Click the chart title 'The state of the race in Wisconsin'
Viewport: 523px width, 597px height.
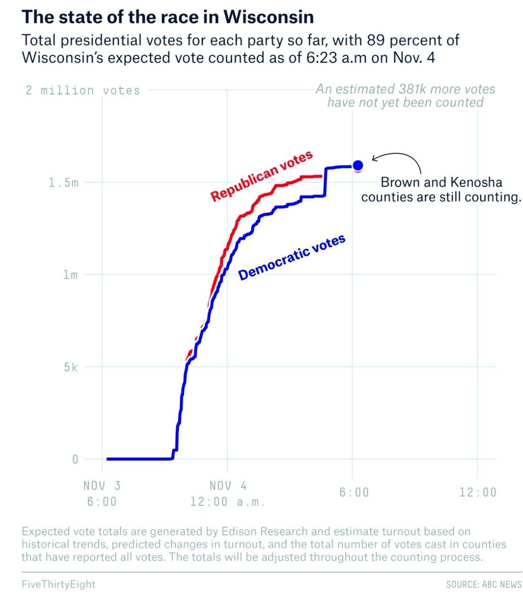click(x=168, y=17)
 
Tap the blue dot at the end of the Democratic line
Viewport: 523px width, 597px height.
click(x=358, y=166)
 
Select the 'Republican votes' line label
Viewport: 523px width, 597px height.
click(x=261, y=176)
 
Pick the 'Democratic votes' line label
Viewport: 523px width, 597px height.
click(x=291, y=257)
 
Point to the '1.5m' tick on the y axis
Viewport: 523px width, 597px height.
click(x=64, y=183)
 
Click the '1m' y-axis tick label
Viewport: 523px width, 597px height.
click(x=71, y=275)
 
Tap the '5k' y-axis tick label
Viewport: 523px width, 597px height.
click(x=71, y=367)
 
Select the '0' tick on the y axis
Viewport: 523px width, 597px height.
click(x=75, y=459)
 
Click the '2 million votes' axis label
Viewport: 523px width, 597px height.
click(x=83, y=90)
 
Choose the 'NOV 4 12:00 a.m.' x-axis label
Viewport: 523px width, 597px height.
click(x=228, y=494)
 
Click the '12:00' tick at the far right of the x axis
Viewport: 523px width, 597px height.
click(x=478, y=493)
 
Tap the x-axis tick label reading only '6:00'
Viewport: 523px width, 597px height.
click(x=354, y=493)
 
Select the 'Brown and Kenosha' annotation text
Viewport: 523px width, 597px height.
click(x=441, y=182)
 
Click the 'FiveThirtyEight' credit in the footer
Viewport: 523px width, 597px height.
click(x=58, y=584)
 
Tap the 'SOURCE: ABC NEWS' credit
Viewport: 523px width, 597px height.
click(x=484, y=585)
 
